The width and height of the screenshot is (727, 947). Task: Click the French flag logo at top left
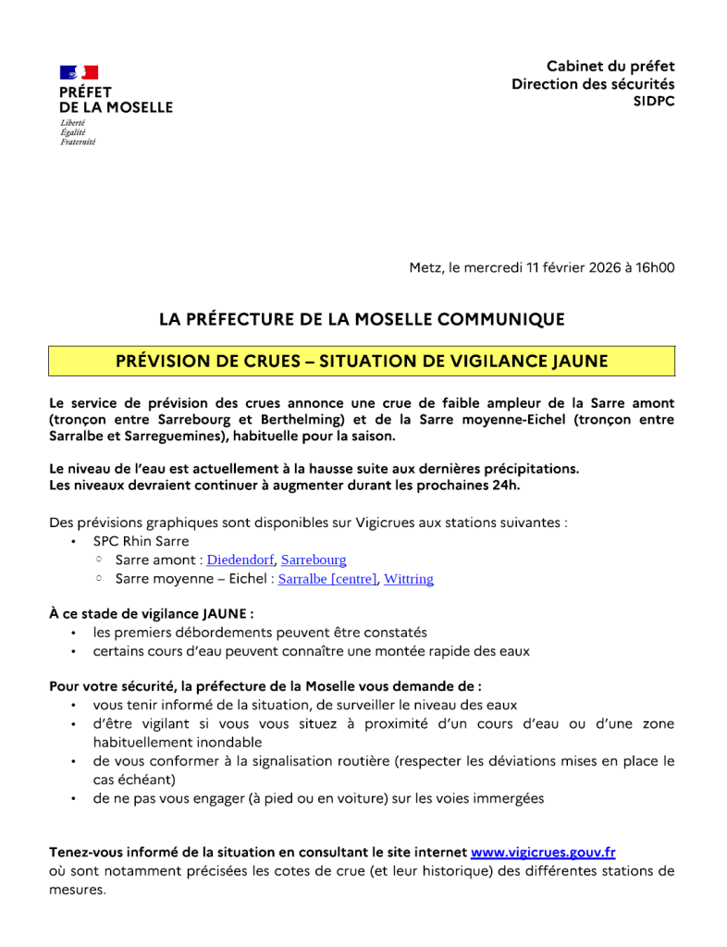(x=79, y=72)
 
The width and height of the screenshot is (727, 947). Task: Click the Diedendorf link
(x=240, y=560)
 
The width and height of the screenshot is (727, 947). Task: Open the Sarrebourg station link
(x=314, y=560)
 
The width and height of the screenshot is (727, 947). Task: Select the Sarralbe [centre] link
(x=327, y=579)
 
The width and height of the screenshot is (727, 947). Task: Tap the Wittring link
(x=409, y=579)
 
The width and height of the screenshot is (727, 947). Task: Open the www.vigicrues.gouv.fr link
(x=543, y=852)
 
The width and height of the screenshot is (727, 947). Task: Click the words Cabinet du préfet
(x=610, y=67)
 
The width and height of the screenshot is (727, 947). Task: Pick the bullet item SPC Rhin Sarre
(x=141, y=541)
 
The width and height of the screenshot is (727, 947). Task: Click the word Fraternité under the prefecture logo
(x=78, y=141)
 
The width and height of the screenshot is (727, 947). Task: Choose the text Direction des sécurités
(x=593, y=84)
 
